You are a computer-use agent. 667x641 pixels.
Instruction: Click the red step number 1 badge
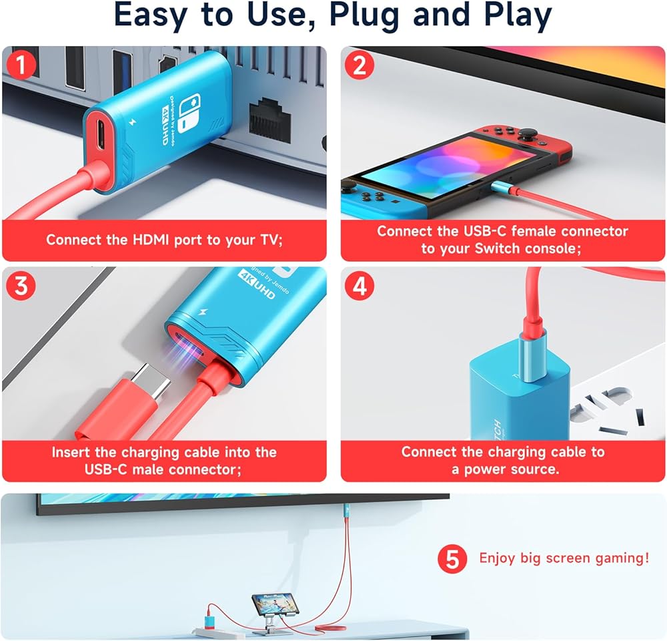pos(21,65)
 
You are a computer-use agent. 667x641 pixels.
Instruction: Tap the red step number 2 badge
pos(360,65)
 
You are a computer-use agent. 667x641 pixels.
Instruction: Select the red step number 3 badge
pos(21,286)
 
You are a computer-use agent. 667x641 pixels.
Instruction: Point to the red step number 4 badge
pos(360,286)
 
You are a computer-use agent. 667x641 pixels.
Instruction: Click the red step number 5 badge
pos(452,558)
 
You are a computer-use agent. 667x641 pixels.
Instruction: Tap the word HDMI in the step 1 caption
pos(151,240)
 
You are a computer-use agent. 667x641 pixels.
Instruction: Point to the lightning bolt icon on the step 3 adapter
pos(202,312)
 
